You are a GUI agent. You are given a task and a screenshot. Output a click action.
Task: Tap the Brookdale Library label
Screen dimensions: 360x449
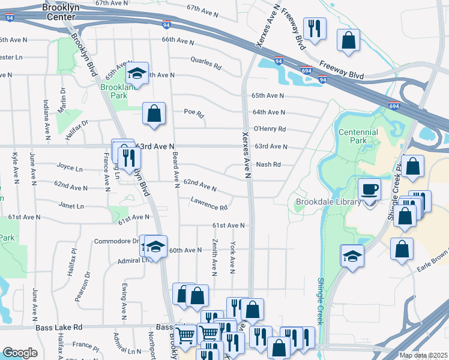(328, 202)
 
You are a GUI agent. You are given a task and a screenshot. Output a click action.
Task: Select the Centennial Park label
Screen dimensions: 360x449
(358, 136)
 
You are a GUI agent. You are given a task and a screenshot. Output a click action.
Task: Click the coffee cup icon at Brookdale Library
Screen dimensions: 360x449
(369, 190)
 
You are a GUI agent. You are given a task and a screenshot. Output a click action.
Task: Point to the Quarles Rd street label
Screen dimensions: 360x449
(206, 64)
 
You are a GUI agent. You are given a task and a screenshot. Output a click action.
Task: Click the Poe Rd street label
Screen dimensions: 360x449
(194, 113)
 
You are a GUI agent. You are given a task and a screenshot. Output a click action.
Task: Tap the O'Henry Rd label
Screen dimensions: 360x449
(270, 129)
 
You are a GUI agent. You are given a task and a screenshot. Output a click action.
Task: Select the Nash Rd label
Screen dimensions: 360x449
(268, 164)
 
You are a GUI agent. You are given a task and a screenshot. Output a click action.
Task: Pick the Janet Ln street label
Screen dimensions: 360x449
(71, 205)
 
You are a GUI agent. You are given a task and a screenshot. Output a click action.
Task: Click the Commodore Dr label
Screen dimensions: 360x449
(116, 241)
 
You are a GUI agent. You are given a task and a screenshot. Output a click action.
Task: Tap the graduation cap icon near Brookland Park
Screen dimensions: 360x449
(137, 74)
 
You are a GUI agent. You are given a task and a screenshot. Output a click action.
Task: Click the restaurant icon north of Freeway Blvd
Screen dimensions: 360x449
(315, 28)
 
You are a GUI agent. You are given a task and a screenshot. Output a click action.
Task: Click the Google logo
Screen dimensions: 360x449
(20, 353)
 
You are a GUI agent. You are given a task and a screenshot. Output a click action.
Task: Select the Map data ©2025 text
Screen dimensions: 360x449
(423, 355)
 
